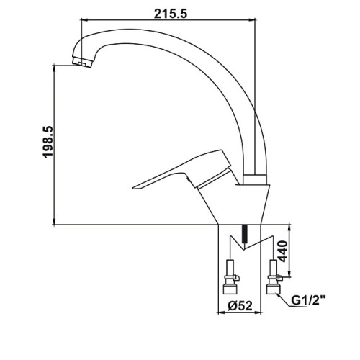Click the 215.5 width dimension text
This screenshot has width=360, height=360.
pos(170,14)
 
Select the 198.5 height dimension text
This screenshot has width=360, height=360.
pos(48,142)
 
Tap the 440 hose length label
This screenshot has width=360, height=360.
pos(282,251)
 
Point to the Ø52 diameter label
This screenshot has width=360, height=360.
pos(240,306)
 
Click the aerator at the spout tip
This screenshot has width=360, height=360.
pos(83,62)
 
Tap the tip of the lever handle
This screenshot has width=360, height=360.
pos(133,188)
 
